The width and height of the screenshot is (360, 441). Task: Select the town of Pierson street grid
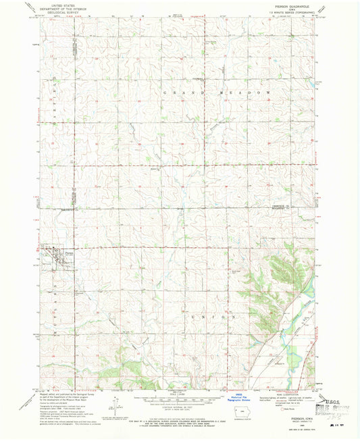[x=50, y=254]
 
